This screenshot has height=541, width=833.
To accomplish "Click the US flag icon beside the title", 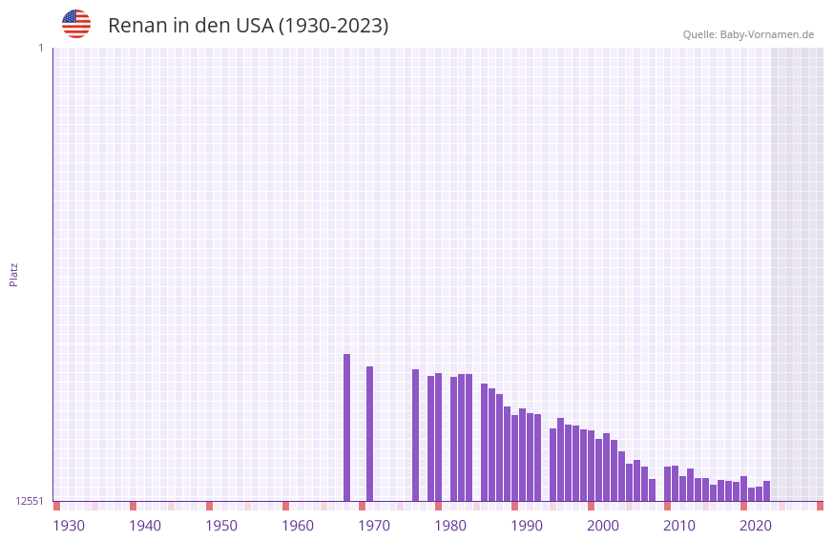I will coord(76,24).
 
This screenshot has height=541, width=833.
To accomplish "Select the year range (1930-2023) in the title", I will coord(332,26).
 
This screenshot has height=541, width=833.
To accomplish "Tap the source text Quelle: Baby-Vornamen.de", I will coord(748,34).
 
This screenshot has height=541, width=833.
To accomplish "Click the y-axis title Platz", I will coord(13,274).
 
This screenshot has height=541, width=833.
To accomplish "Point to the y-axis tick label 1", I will coord(40,48).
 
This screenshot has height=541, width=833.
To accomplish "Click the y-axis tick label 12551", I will coord(29,501).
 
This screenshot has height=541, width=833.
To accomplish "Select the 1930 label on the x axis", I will coord(69,526).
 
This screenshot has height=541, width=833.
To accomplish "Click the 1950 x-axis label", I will coord(221,526).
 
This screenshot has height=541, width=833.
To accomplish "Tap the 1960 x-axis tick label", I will coord(298,526).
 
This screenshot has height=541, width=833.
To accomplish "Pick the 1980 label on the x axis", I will coord(450,526).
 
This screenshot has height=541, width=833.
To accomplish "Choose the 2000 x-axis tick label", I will coord(603,526).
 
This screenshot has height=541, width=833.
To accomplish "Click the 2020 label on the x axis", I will coord(756,526).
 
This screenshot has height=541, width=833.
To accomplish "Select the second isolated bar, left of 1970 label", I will coord(369,433).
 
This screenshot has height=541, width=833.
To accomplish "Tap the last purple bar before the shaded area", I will coord(766,491).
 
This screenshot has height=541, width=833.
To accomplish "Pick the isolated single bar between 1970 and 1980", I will coord(415,435).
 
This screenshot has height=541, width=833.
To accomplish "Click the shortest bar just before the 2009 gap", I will coord(652,489).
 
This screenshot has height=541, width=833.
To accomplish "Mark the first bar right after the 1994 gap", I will coord(552,465).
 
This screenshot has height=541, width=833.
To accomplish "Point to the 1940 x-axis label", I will coord(145,526).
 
